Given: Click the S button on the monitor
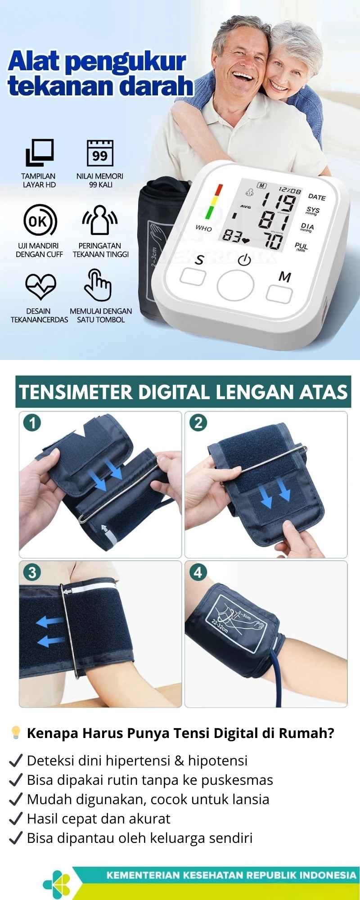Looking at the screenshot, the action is point(193,276).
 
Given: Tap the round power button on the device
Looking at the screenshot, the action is point(235,286).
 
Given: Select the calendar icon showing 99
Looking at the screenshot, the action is point(100,153).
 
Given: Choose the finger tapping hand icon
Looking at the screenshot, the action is point(98,285).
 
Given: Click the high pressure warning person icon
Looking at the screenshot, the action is point(99,220).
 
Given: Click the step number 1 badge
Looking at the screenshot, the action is point(32,423).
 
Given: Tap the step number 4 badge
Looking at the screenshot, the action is point(198,572).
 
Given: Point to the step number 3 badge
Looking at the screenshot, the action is point(32,572).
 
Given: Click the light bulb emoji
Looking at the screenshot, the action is point(16,733).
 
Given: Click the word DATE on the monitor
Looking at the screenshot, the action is point(317,197).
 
